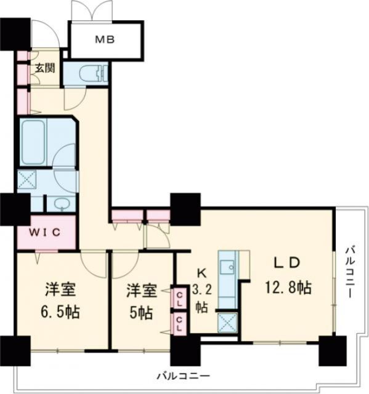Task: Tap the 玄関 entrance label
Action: click(x=44, y=68)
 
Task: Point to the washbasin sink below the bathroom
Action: click(x=60, y=204)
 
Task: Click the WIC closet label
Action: click(x=44, y=232)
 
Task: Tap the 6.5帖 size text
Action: click(x=61, y=309)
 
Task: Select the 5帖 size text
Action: click(x=139, y=313)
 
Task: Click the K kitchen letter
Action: click(x=201, y=273)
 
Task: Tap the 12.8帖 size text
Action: click(x=288, y=287)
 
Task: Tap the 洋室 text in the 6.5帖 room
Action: click(x=60, y=288)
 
